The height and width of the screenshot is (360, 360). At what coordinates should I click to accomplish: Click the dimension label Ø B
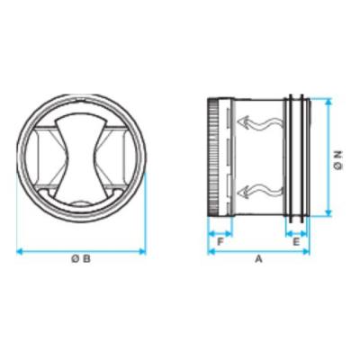[x=81, y=258]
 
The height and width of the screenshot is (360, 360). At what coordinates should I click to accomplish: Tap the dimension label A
[x=258, y=258]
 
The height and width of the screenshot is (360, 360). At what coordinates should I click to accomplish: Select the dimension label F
[x=220, y=242]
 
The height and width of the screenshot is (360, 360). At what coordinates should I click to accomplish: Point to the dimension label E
[x=296, y=242]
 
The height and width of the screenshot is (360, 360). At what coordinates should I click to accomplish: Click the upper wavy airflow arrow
[x=260, y=123]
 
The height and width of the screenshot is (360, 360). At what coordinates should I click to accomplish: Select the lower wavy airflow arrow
[x=260, y=191]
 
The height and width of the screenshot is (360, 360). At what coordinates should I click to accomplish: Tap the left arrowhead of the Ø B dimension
[x=20, y=252]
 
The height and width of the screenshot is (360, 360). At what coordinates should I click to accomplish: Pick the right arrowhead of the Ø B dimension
[x=142, y=252]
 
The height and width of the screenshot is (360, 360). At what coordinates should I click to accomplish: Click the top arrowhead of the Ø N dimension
[x=329, y=102]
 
